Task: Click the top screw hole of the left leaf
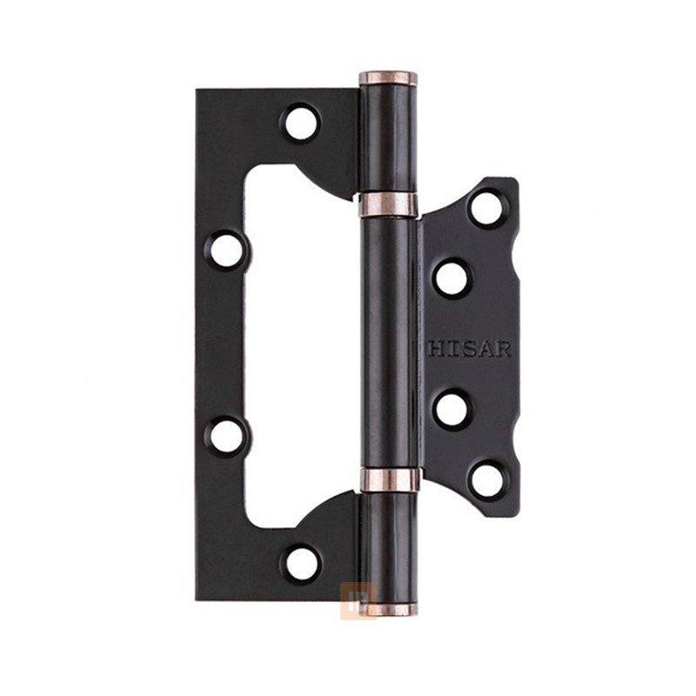pos(301,122)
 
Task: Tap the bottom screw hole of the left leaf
pos(302,564)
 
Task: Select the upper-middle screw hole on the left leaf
pos(226,250)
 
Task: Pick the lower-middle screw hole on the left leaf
pos(226,436)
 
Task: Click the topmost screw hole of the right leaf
pos(487,208)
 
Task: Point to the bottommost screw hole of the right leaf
pos(487,480)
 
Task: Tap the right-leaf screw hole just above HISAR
pos(452,278)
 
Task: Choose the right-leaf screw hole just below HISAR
pos(452,409)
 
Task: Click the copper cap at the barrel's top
pos(388,78)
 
